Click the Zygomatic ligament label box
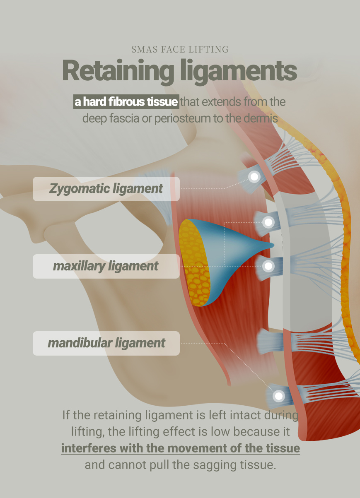pyautogui.click(x=106, y=189)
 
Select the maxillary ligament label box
pyautogui.click(x=106, y=266)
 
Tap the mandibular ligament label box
pyautogui.click(x=106, y=343)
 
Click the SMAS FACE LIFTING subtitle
pyautogui.click(x=180, y=50)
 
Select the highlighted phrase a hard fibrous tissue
pyautogui.click(x=126, y=102)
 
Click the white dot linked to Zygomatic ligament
pyautogui.click(x=254, y=177)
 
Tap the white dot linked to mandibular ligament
pyautogui.click(x=279, y=396)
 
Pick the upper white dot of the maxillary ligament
pyautogui.click(x=268, y=222)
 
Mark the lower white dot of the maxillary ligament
pyautogui.click(x=268, y=266)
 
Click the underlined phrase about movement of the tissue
pyautogui.click(x=180, y=448)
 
